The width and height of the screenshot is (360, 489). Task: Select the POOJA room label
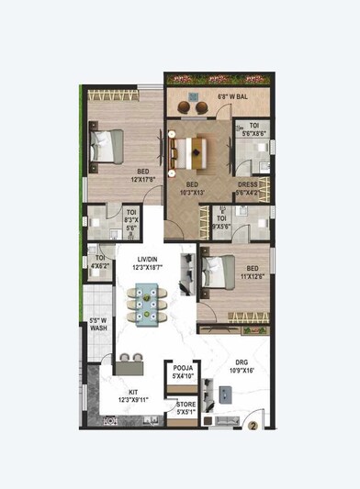183,371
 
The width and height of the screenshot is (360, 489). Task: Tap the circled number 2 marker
251,425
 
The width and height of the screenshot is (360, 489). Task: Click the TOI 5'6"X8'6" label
254,131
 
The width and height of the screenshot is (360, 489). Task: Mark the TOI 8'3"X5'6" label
131,221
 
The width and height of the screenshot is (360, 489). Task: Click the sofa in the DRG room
220,420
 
